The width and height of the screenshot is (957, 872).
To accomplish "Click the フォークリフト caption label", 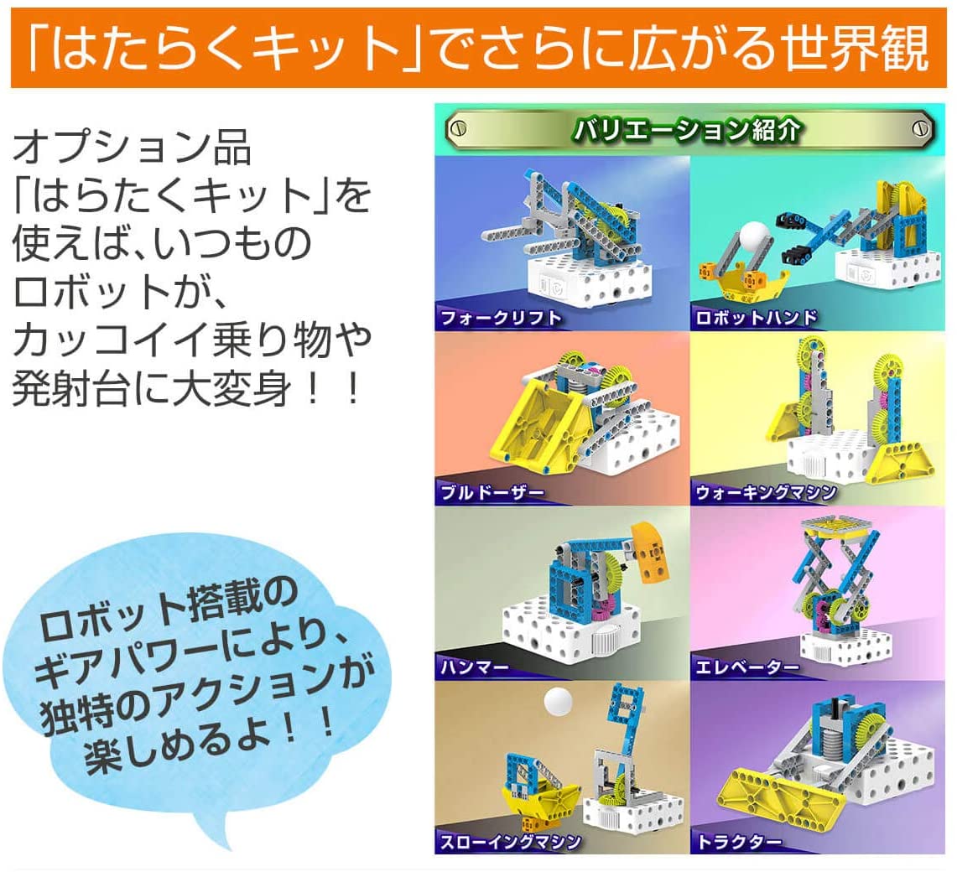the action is pyautogui.click(x=501, y=318).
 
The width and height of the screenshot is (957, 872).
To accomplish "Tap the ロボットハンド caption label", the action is pyautogui.click(x=757, y=317).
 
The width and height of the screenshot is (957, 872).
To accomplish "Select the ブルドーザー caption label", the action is pyautogui.click(x=492, y=492).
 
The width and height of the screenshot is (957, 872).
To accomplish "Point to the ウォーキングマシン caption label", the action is pyautogui.click(x=766, y=492).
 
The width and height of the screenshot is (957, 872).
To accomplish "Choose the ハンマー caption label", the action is pyautogui.click(x=474, y=667).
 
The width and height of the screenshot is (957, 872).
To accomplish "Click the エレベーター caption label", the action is pyautogui.click(x=747, y=667).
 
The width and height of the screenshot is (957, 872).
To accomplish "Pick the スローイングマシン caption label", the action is pyautogui.click(x=510, y=842).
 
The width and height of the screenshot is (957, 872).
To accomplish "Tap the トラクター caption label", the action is pyautogui.click(x=738, y=842).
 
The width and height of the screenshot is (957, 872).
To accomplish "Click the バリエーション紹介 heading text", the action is pyautogui.click(x=686, y=129).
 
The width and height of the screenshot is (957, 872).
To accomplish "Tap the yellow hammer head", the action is pyautogui.click(x=651, y=552).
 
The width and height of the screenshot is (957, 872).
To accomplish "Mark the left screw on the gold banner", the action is pyautogui.click(x=458, y=129).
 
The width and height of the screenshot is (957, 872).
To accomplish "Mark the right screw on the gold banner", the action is pyautogui.click(x=920, y=129).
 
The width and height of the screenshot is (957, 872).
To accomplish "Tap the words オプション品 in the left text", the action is pyautogui.click(x=132, y=148).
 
